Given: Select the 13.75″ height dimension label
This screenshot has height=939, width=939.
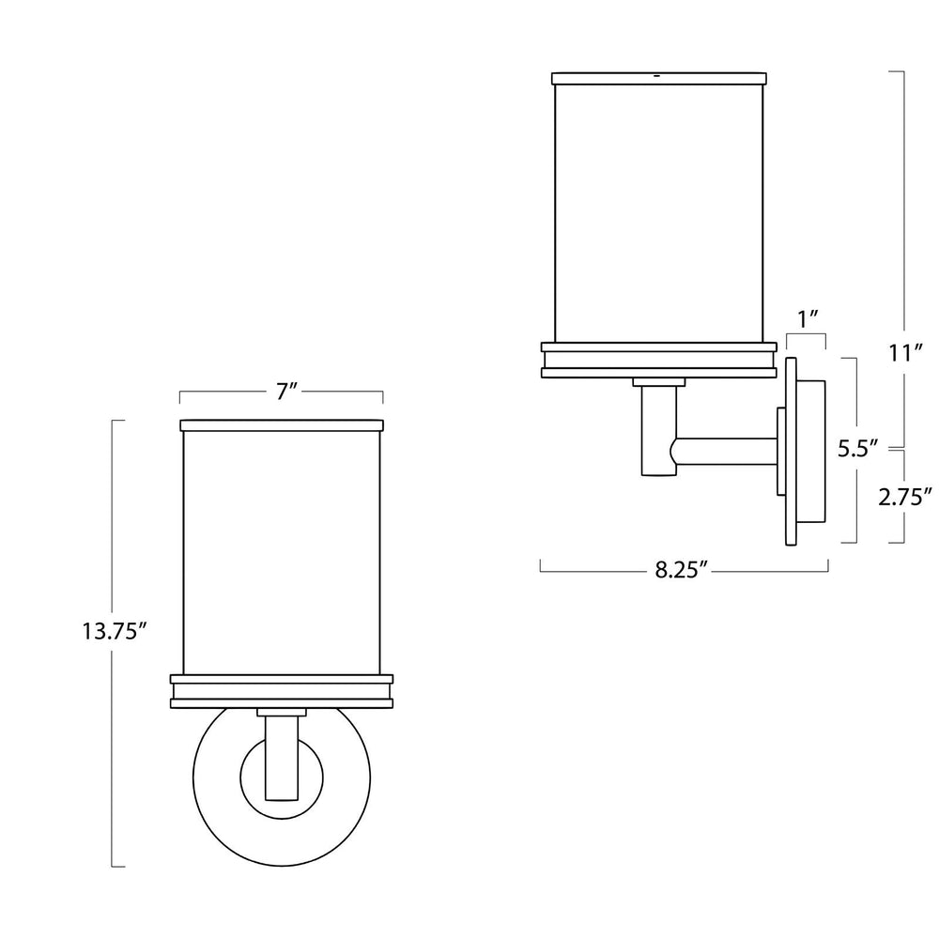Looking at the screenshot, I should [115, 632].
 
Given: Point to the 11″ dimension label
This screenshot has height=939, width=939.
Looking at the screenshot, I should [905, 354].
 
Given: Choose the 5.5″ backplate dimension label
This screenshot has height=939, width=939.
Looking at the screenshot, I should [857, 449].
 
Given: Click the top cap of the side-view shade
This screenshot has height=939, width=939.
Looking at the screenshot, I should [657, 76].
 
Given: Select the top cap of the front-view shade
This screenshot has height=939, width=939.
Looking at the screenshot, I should [281, 425].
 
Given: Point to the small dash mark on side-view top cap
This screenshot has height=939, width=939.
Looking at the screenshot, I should [657, 74].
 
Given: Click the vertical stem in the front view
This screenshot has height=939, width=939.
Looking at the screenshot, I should [281, 756].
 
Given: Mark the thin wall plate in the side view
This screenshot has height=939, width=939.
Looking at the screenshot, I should [791, 451].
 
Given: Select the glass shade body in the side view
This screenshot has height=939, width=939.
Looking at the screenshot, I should [657, 211].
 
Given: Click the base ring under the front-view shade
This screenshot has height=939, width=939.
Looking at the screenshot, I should [281, 690].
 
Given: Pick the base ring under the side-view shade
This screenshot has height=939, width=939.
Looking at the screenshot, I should [657, 360].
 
